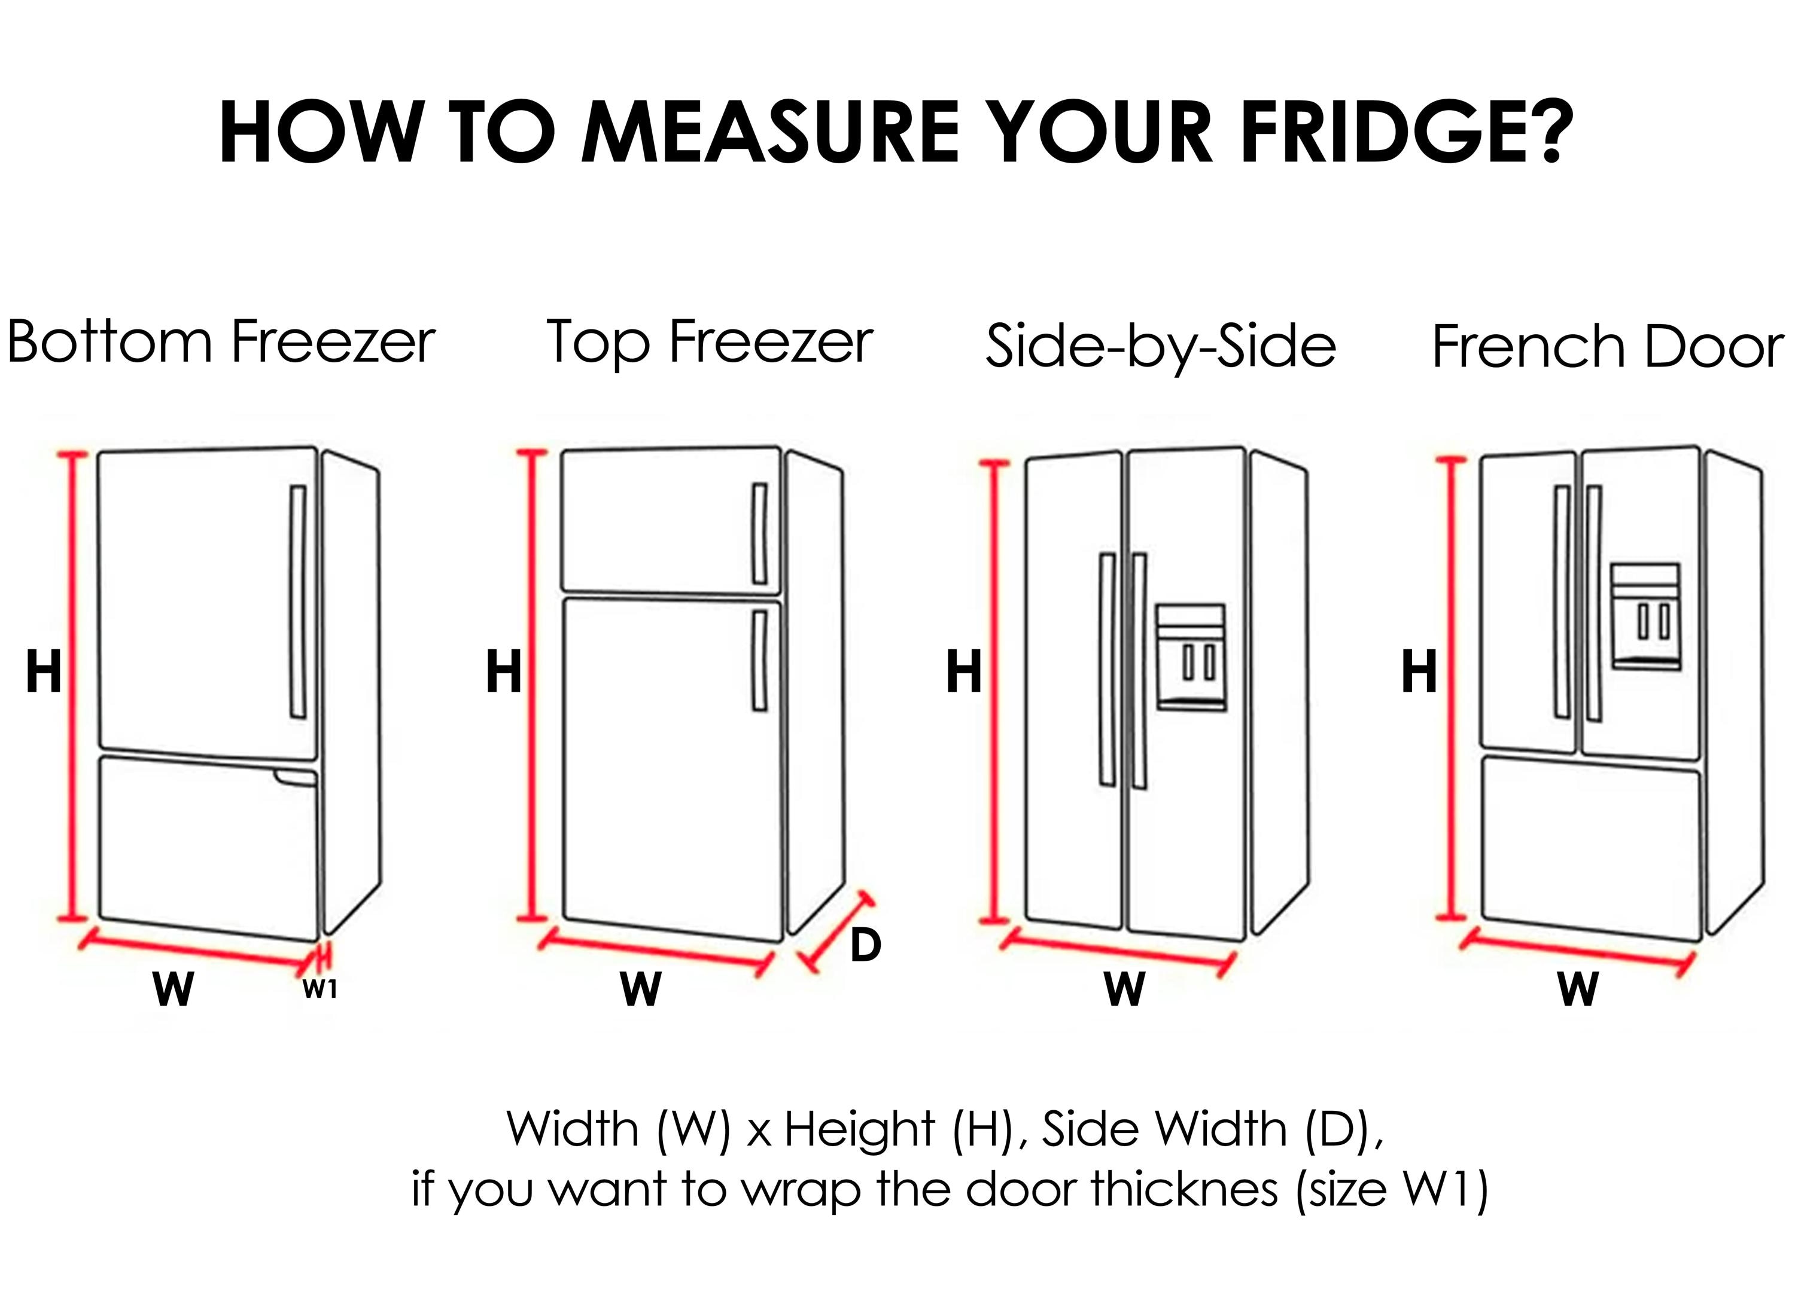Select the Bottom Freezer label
(221, 342)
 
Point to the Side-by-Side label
(1160, 346)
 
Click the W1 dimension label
(320, 989)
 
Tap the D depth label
(865, 945)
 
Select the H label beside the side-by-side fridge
(963, 673)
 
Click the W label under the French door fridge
(1578, 989)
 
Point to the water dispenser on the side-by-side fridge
(1190, 657)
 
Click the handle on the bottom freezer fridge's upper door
(299, 601)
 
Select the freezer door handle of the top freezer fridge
(759, 533)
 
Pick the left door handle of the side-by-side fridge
(1108, 669)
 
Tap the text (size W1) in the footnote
(1393, 1190)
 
